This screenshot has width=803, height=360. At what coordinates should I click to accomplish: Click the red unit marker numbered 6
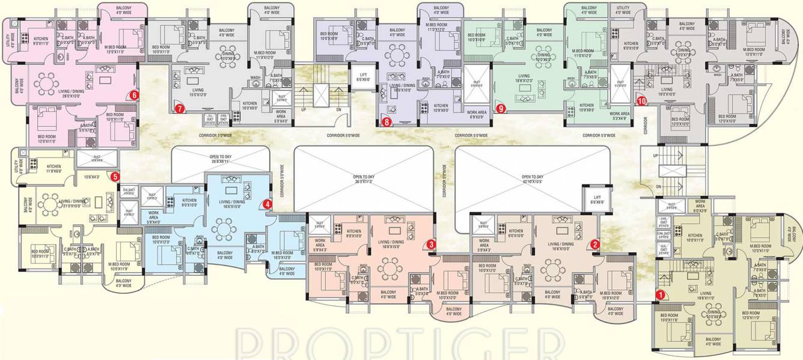point(134,94)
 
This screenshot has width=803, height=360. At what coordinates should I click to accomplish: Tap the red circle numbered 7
point(179,109)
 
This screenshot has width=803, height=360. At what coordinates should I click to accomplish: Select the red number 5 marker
point(115,176)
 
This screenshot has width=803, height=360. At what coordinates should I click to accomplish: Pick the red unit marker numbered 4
point(267,205)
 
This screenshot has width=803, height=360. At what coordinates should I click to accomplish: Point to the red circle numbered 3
point(432,244)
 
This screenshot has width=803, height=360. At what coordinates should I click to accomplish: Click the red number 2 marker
point(594,244)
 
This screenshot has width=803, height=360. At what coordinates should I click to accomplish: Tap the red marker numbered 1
point(659,294)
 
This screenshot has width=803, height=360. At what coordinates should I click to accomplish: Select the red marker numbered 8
point(386,122)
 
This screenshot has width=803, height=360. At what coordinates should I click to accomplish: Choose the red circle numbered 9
point(500,109)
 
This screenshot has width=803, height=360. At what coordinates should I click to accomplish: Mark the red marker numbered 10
point(642,101)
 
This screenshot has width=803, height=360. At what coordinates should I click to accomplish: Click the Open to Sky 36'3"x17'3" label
point(364,179)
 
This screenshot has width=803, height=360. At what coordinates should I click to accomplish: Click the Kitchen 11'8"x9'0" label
point(53,169)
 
